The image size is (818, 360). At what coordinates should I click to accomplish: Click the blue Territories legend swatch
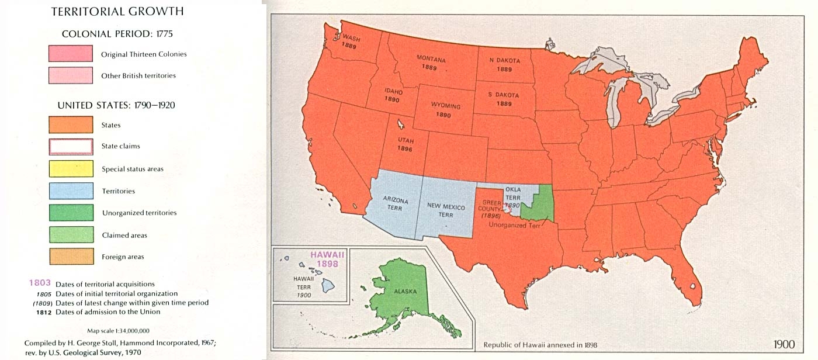pyautogui.click(x=71, y=191)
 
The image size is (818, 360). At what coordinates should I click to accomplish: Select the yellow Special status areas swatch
pyautogui.click(x=71, y=169)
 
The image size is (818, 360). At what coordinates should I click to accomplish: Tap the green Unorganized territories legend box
pyautogui.click(x=71, y=213)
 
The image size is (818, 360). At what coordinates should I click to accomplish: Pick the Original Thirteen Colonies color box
pyautogui.click(x=71, y=54)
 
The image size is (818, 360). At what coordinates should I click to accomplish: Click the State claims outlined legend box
pyautogui.click(x=71, y=146)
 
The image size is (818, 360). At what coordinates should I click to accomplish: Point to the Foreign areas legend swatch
pyautogui.click(x=71, y=257)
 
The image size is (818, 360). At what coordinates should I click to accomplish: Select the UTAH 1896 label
pyautogui.click(x=405, y=145)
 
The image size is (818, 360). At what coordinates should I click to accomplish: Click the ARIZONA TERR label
pyautogui.click(x=396, y=205)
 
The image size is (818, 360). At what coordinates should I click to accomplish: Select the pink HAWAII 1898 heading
pyautogui.click(x=328, y=259)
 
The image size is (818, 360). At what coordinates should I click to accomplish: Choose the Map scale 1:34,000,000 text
pyautogui.click(x=119, y=331)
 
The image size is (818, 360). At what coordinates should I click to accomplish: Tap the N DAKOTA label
pyautogui.click(x=504, y=64)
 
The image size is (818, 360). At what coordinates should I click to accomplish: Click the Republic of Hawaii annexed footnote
pyautogui.click(x=540, y=345)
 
